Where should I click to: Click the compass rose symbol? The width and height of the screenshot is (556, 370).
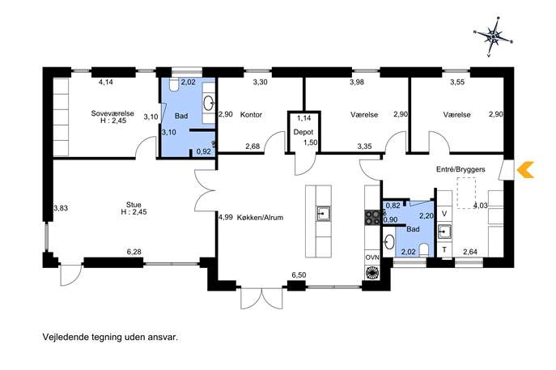pos(493,36)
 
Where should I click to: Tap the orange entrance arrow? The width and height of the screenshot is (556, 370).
pos(525,169)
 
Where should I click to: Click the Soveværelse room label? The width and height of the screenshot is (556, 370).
pos(112,113)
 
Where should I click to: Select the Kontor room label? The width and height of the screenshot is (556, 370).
pos(251,115)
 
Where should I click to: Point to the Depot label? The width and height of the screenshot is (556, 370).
pos(303,132)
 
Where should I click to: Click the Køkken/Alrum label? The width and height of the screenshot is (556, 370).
pos(261,218)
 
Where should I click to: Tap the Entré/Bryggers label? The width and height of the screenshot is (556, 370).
pos(461,169)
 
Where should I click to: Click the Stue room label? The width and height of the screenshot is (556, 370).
pos(134,205)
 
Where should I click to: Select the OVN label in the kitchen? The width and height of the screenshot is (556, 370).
pos(372,257)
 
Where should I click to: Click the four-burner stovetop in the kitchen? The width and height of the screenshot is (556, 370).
pos(372,218)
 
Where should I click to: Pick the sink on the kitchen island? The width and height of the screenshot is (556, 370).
pos(324,214)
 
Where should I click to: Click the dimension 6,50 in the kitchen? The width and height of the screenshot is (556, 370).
pos(299,275)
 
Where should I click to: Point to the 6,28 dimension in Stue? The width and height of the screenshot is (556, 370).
pos(134,252)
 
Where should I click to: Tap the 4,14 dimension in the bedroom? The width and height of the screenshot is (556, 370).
pos(106,83)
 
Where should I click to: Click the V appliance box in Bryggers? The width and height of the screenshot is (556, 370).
pos(444,214)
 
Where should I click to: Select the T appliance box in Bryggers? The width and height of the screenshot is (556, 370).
pos(444,249)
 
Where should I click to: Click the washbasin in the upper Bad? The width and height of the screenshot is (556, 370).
pos(209,103)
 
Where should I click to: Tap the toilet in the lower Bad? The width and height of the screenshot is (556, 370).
pos(424,249)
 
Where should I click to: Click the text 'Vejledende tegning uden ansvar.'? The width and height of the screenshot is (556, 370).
pos(110,337)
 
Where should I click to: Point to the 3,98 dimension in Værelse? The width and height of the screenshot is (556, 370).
pos(357,83)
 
